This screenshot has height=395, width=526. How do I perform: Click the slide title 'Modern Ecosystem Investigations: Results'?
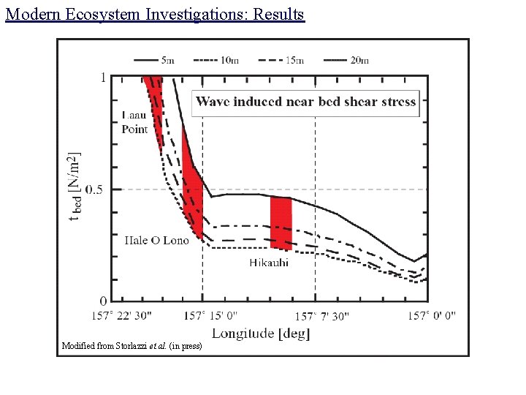click(154, 14)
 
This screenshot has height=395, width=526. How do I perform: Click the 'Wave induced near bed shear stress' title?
click(306, 102)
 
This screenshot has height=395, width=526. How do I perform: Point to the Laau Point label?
click(134, 122)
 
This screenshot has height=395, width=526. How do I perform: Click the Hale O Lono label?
click(156, 240)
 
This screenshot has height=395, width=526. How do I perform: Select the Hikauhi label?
click(269, 263)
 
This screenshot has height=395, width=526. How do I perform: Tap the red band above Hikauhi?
click(281, 222)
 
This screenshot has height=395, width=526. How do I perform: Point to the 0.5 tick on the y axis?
click(95, 189)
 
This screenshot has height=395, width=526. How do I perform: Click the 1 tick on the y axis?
click(103, 78)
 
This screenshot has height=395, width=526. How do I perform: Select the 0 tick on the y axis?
click(103, 301)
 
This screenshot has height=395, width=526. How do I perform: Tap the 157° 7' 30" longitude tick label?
click(322, 316)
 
